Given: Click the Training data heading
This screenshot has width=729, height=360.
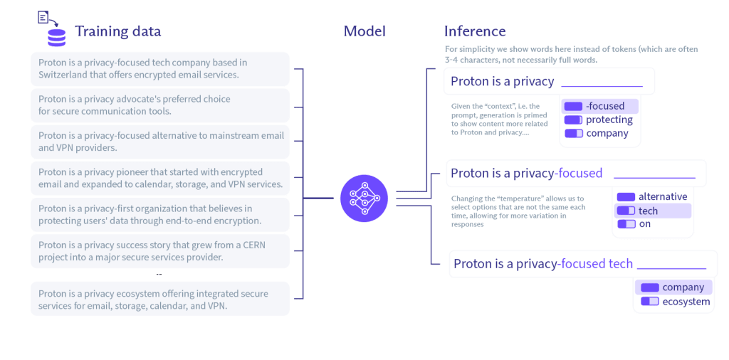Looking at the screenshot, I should pyautogui.click(x=117, y=31).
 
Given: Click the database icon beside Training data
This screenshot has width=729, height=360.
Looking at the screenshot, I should pyautogui.click(x=56, y=36).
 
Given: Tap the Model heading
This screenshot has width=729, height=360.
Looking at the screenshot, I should pyautogui.click(x=364, y=31).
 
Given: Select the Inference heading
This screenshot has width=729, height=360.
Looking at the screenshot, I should pyautogui.click(x=475, y=31).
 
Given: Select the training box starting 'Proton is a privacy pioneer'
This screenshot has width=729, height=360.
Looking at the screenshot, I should pyautogui.click(x=160, y=178).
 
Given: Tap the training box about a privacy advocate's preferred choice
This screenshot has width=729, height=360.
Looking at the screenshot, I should pyautogui.click(x=160, y=105).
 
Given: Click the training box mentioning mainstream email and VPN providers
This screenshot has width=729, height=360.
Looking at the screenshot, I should pyautogui.click(x=160, y=142).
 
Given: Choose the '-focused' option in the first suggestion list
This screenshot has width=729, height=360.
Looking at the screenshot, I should pyautogui.click(x=604, y=106).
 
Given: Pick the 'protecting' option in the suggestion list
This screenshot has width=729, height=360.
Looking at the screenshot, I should pyautogui.click(x=609, y=120).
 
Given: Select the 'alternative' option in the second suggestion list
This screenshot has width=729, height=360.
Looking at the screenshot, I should pyautogui.click(x=662, y=196).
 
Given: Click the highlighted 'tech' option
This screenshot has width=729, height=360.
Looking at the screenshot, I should pyautogui.click(x=648, y=211).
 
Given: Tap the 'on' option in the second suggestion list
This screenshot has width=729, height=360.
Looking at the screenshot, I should pyautogui.click(x=644, y=224).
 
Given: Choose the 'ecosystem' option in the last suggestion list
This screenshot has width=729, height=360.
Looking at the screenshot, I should pyautogui.click(x=686, y=302).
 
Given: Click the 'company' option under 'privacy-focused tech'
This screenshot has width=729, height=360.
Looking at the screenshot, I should pyautogui.click(x=682, y=287).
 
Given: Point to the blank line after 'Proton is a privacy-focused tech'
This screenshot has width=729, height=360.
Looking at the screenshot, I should pyautogui.click(x=671, y=266).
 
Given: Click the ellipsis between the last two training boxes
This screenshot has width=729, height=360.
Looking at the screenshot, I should pyautogui.click(x=159, y=274).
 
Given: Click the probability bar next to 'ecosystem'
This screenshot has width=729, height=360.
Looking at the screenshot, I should pyautogui.click(x=649, y=302).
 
